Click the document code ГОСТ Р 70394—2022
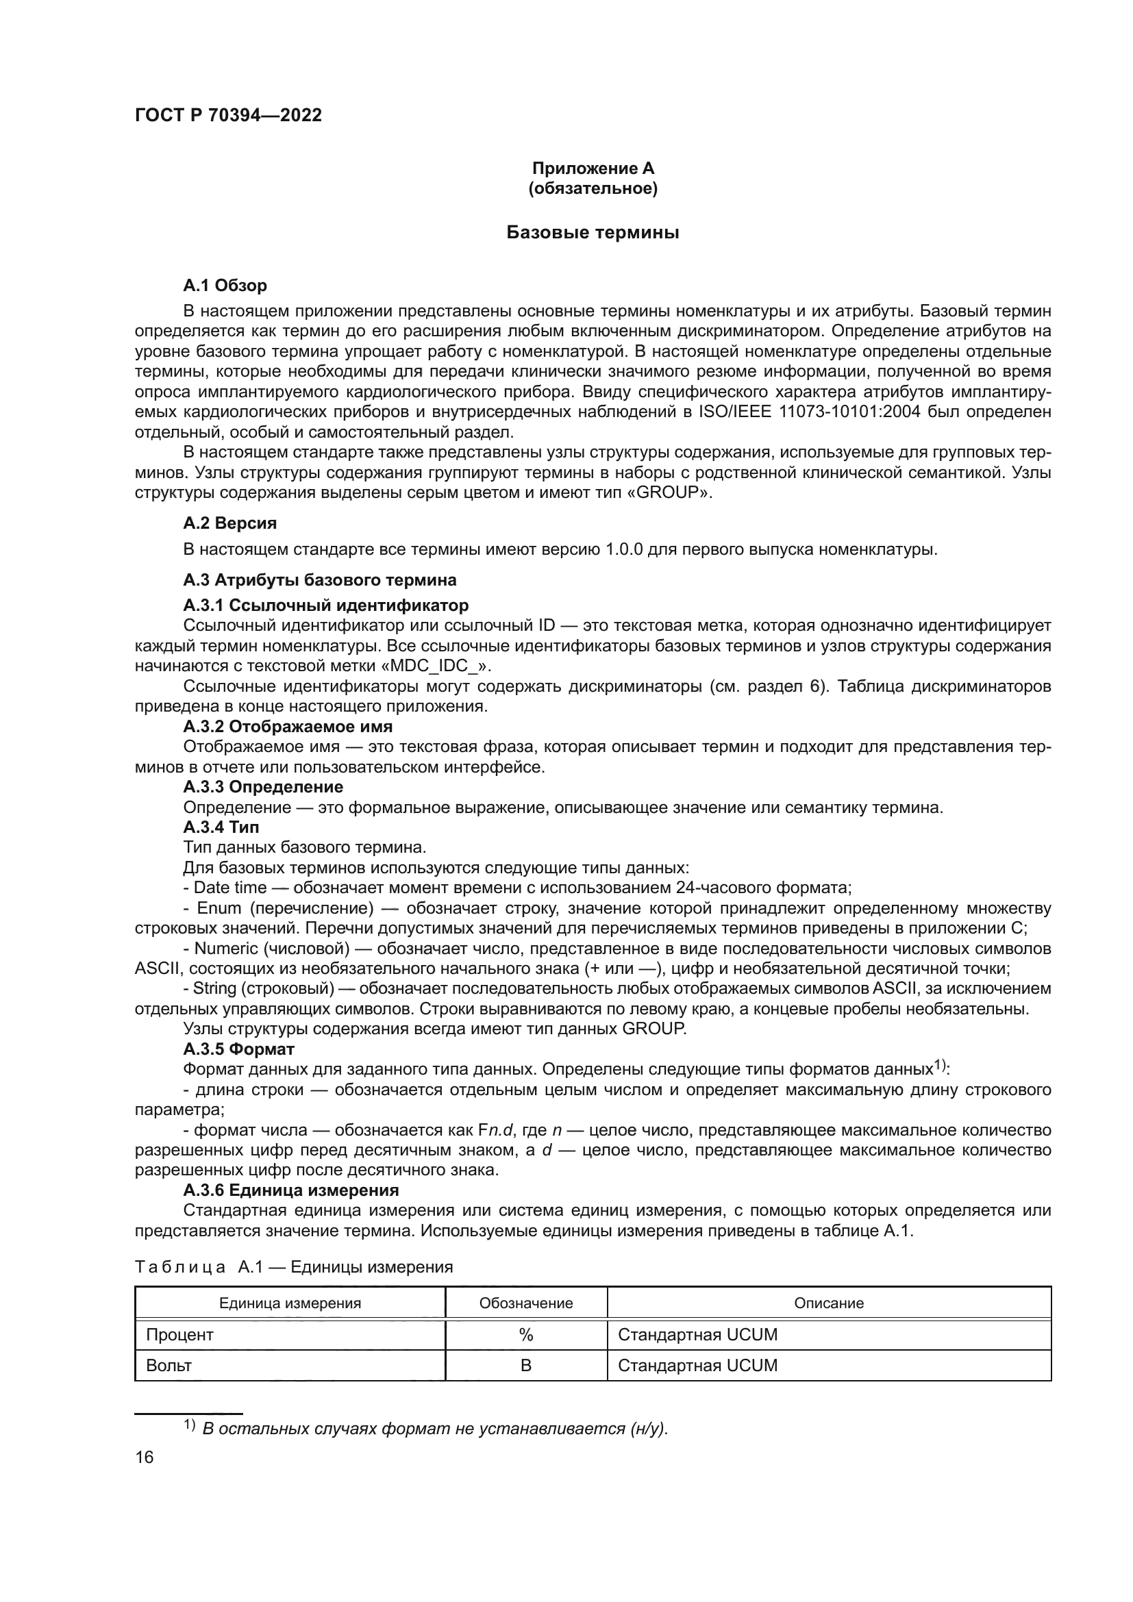click(228, 115)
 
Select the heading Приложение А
click(593, 168)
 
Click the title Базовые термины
click(593, 232)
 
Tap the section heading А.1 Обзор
click(225, 286)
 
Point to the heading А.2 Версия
click(229, 523)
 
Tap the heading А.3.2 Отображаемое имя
click(288, 726)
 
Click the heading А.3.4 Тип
click(221, 827)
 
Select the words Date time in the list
click(230, 888)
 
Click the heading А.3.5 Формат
click(238, 1049)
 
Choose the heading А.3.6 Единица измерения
click(291, 1190)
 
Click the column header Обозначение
click(526, 1303)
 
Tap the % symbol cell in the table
click(526, 1334)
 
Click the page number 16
click(145, 1457)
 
